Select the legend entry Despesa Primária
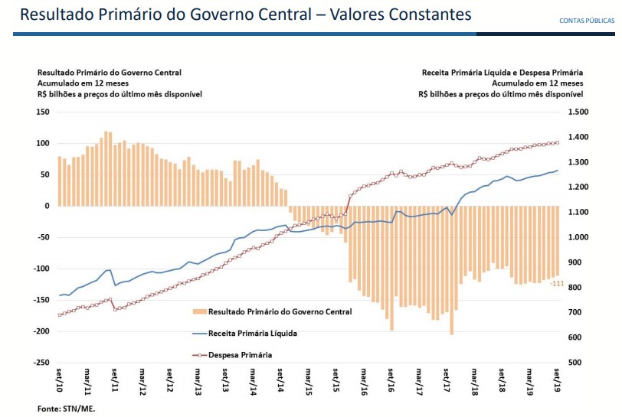240,355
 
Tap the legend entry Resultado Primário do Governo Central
280,312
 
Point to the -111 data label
557,285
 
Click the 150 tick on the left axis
43,112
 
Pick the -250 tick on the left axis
41,363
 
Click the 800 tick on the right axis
574,288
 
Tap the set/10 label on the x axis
60,380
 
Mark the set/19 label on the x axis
557,380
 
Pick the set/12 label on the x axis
170,380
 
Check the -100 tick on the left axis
41,269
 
